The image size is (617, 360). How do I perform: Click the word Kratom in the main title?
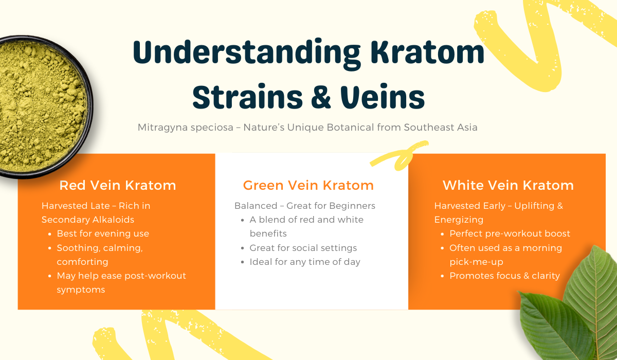[x=427, y=52]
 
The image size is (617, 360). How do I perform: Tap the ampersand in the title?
[x=321, y=97]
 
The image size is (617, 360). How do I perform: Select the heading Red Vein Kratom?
[x=118, y=185]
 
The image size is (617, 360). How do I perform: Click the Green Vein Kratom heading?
[x=308, y=185]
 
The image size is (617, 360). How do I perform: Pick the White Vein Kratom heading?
[x=508, y=185]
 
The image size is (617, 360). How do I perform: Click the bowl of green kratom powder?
[x=41, y=106]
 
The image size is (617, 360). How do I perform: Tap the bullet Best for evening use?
[x=103, y=233]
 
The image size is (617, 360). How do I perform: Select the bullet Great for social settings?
[x=303, y=248]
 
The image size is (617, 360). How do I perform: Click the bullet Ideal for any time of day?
[x=305, y=262]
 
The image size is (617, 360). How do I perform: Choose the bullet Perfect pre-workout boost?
[x=510, y=233]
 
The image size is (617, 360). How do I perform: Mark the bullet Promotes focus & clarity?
[x=504, y=276]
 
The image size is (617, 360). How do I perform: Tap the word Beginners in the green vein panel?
[x=352, y=206]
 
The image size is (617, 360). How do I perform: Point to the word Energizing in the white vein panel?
[x=459, y=220]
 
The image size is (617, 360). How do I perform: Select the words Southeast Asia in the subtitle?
[x=441, y=128]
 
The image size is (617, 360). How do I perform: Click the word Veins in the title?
[x=383, y=97]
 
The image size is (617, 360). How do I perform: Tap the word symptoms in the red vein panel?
[x=81, y=290]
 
